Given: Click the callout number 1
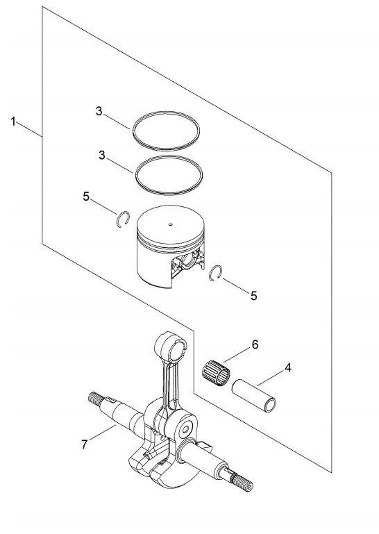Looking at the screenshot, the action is (x=13, y=121).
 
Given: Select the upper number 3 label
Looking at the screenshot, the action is (x=99, y=111).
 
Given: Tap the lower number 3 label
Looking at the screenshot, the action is (x=102, y=156).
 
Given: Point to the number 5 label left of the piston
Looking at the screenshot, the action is (x=86, y=197).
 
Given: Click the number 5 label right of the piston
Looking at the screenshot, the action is (x=253, y=296).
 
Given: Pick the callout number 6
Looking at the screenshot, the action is (x=255, y=344).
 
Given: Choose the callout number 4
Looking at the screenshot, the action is (x=288, y=368).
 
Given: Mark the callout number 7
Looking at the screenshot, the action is (x=85, y=444).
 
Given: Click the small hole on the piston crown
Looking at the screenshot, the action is (x=171, y=224).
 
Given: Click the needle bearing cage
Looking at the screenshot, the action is (x=217, y=372).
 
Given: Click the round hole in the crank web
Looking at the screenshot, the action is (x=185, y=430).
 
